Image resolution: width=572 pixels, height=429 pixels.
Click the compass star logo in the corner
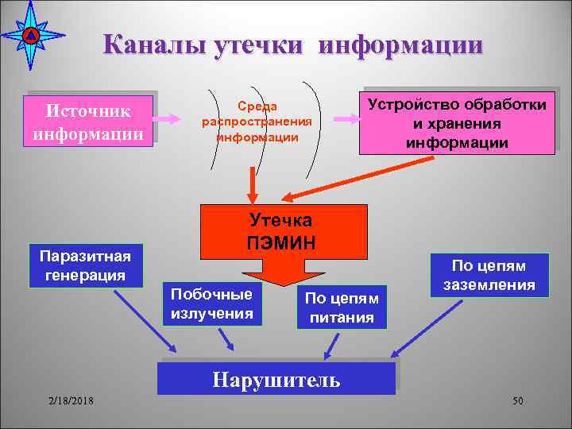pyautogui.click(x=32, y=36)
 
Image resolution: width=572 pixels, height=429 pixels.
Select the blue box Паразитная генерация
pyautogui.click(x=83, y=265)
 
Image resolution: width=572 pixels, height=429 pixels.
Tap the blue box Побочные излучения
pyautogui.click(x=211, y=303)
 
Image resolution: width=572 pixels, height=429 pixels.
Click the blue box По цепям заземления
pyautogui.click(x=490, y=275)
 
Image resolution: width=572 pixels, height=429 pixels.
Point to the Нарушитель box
pyautogui.click(x=276, y=379)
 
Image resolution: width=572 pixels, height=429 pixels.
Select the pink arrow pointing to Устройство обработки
pyautogui.click(x=344, y=119)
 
